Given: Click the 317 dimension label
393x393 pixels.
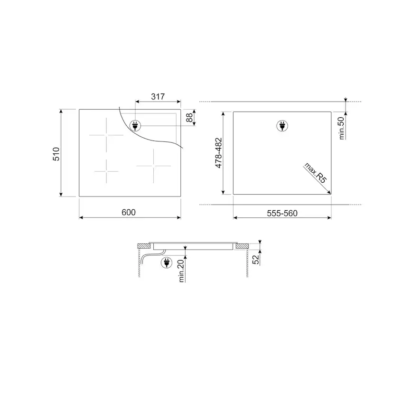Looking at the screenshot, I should pos(158,97).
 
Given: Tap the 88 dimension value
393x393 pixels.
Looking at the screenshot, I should pos(189,117).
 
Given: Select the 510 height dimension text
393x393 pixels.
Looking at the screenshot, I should pos(56,154).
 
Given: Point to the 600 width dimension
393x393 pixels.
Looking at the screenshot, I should pos(128,212).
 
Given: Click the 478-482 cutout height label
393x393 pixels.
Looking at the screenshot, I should pos(219,153).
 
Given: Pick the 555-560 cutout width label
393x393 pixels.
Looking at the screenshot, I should pos(282,213).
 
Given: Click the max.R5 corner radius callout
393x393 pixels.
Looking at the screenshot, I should pos(316,173).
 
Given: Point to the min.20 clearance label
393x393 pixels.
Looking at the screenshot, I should pos(182,271).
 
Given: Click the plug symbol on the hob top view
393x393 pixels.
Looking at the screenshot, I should pos(135,126).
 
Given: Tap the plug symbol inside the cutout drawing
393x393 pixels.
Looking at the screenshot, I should pos(282,126).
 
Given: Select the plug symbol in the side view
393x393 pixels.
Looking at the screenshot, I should pos(167,262).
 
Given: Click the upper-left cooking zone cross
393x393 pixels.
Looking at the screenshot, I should pos(106,134).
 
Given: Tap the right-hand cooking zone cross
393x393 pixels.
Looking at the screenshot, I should pos(153,166).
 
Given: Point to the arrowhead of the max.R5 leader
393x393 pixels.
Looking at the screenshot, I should pos(329,192).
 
